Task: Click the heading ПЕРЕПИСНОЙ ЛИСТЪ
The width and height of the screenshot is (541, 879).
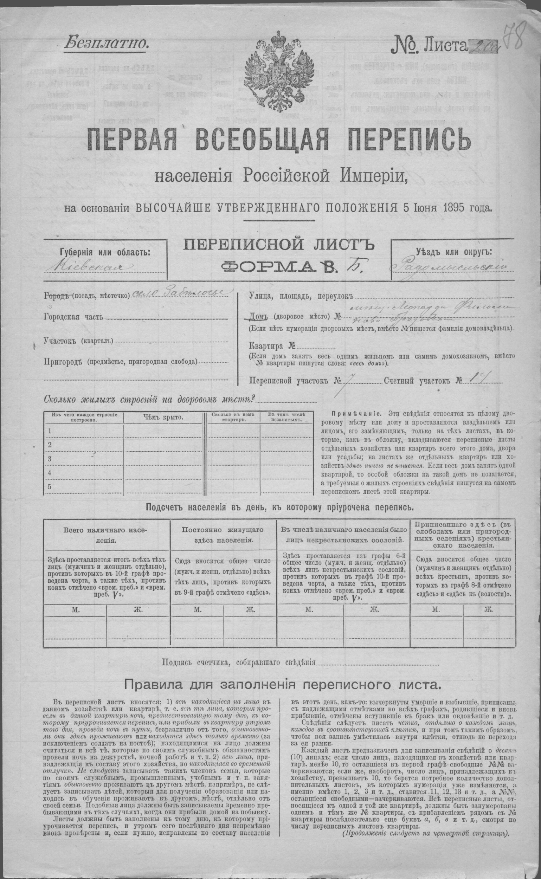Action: tap(279, 245)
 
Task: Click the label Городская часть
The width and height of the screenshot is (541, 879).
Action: tap(73, 317)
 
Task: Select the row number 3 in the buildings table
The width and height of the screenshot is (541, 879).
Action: tap(50, 459)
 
